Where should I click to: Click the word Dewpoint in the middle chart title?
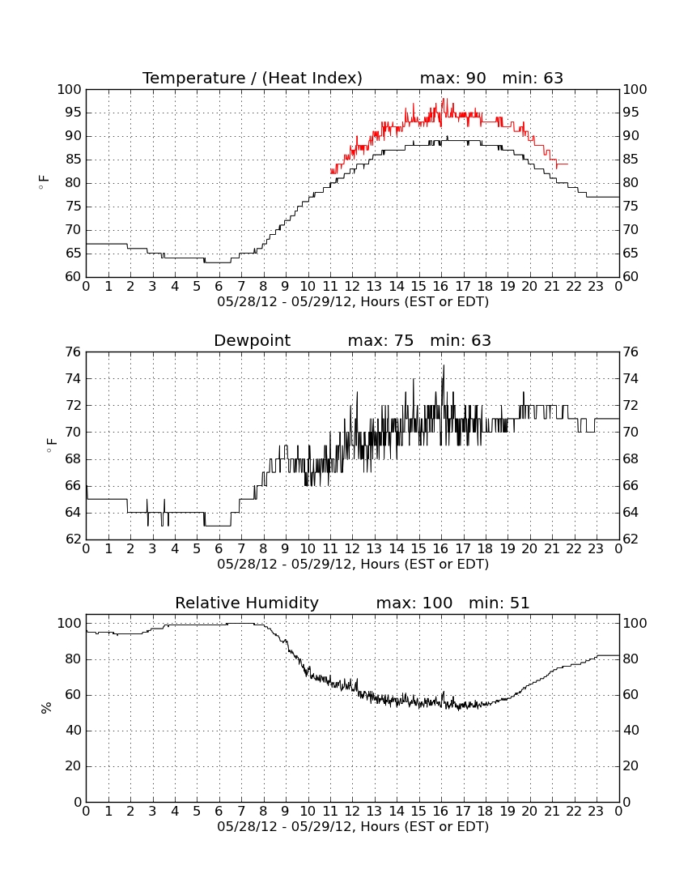252,341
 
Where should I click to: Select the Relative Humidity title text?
247,603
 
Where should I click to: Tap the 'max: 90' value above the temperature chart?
453,78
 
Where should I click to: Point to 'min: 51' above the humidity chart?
499,603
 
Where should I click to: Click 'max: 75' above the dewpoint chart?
380,341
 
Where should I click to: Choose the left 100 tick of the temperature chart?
69,89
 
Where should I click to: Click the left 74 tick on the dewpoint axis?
73,378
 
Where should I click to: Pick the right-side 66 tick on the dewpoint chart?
631,486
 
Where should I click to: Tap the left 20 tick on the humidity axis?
73,766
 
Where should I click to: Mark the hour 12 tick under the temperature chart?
352,287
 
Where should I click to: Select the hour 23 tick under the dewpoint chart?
596,549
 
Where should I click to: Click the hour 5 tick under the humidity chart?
197,812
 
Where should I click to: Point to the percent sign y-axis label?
46,707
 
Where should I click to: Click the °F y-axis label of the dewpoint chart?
51,445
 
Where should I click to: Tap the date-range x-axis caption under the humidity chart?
353,827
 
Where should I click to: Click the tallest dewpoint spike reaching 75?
444,366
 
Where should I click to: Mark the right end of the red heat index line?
567,164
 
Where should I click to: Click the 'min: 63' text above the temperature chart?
533,78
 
